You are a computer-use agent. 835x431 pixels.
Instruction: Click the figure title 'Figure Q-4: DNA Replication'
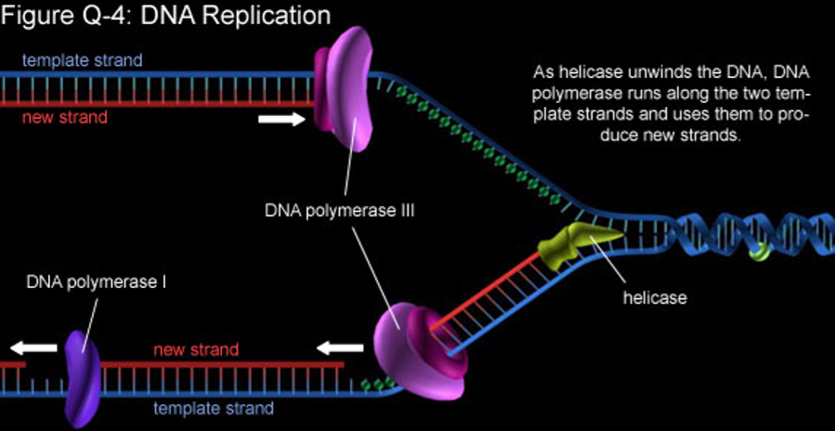pyautogui.click(x=165, y=16)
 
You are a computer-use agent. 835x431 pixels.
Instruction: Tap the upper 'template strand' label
pyautogui.click(x=83, y=61)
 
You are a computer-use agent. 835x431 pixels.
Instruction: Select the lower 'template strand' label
pyautogui.click(x=214, y=408)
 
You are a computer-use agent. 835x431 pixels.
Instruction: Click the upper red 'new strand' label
pyautogui.click(x=66, y=117)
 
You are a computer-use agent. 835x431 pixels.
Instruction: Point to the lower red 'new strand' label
pyautogui.click(x=196, y=350)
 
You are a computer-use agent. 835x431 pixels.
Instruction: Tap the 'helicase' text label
pyautogui.click(x=655, y=298)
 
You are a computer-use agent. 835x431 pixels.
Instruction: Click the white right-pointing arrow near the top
pyautogui.click(x=281, y=119)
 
